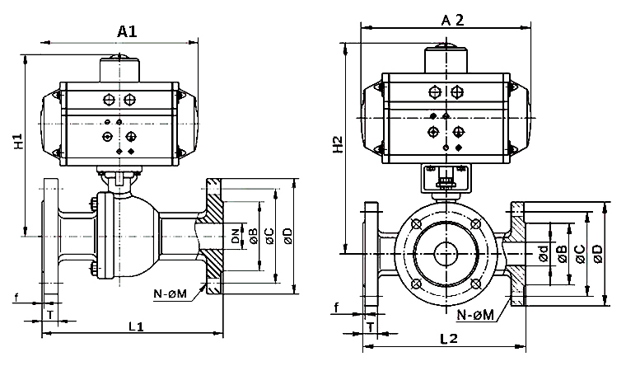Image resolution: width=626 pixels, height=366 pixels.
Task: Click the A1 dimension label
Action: pyautogui.click(x=126, y=31)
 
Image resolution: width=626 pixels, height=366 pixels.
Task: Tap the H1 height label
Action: pyautogui.click(x=18, y=141)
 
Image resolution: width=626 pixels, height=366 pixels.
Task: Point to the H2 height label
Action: pyautogui.click(x=338, y=147)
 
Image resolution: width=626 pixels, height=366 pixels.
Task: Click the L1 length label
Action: pyautogui.click(x=136, y=326)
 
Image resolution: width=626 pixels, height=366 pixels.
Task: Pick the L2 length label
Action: pyautogui.click(x=449, y=338)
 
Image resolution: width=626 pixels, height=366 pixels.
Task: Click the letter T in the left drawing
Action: pyautogui.click(x=51, y=315)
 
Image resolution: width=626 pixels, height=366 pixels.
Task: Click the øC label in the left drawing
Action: pyautogui.click(x=270, y=237)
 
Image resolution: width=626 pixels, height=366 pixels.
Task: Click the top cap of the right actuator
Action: pyautogui.click(x=446, y=59)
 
